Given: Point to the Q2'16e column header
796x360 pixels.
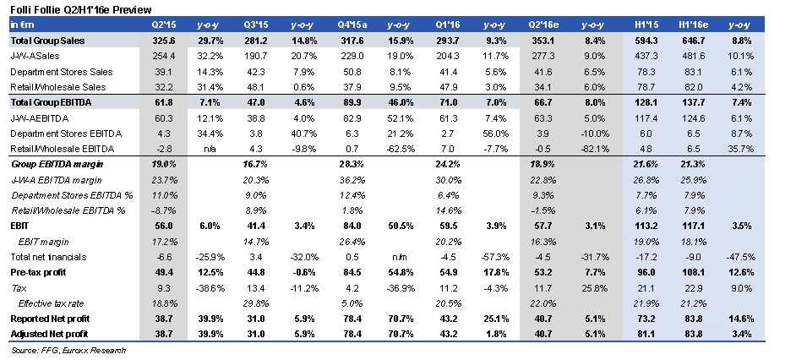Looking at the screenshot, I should tap(535, 26).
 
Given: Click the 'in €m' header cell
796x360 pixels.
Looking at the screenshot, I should tap(21, 26).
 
